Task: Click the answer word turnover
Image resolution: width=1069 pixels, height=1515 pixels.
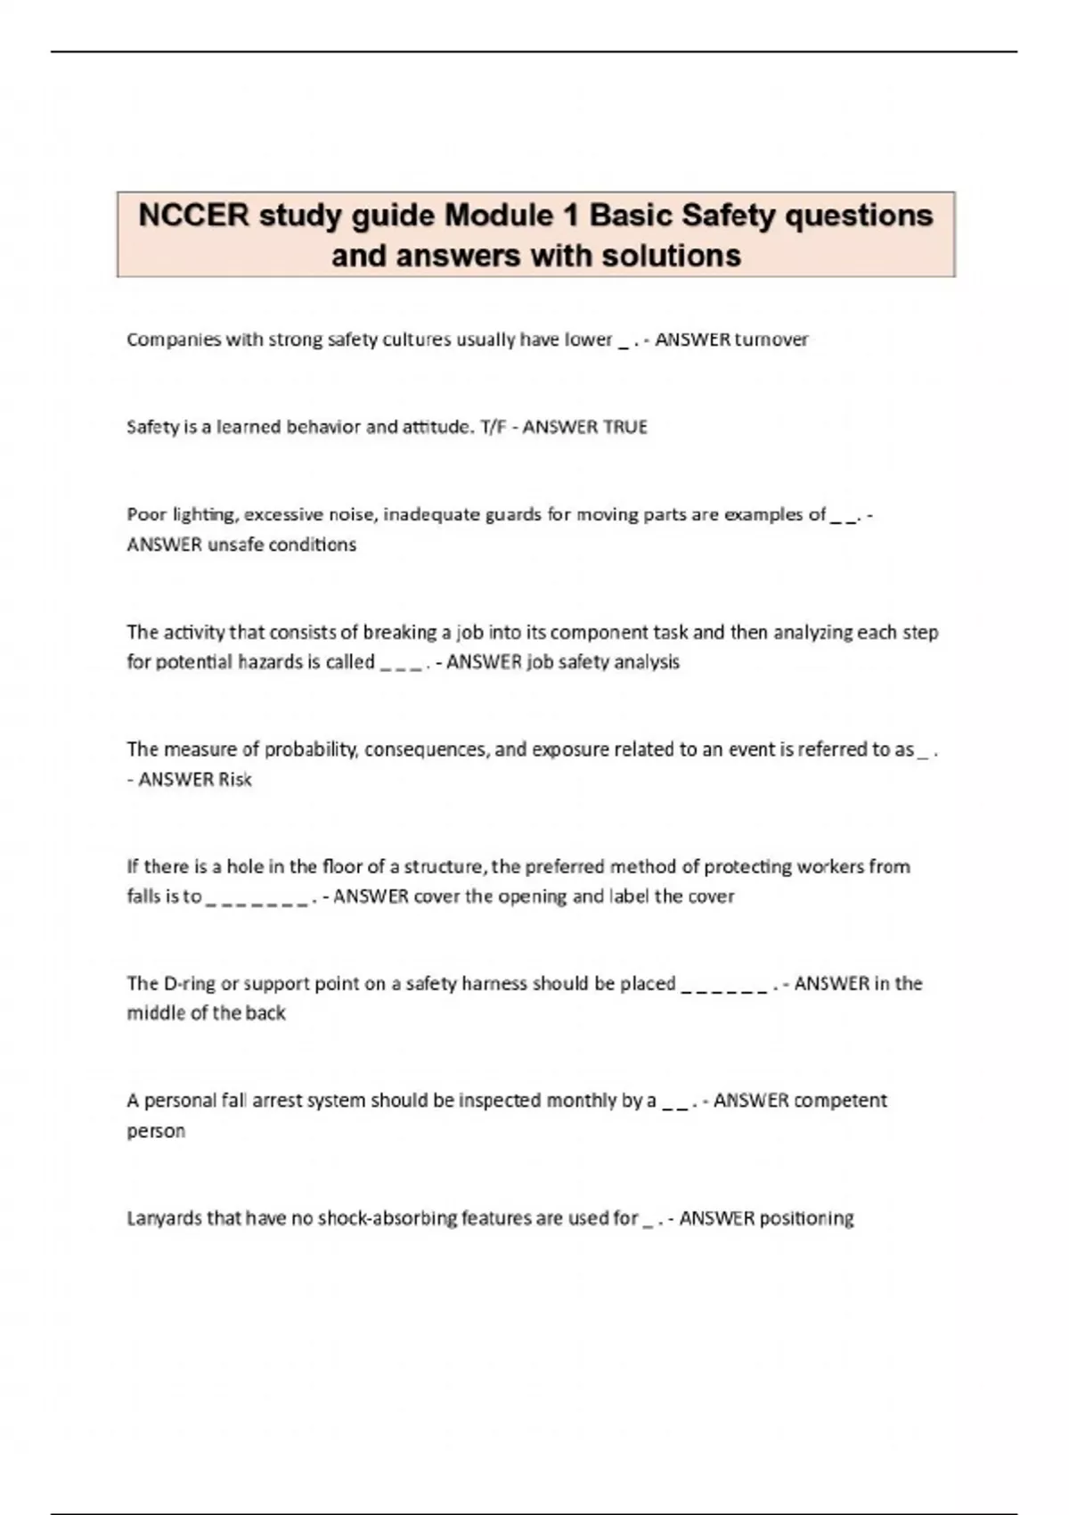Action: tap(771, 340)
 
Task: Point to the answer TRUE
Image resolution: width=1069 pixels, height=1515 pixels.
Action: tap(624, 427)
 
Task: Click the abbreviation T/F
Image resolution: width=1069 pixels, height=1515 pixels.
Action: tap(492, 427)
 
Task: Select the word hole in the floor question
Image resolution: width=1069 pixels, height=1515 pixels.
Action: tap(244, 867)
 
